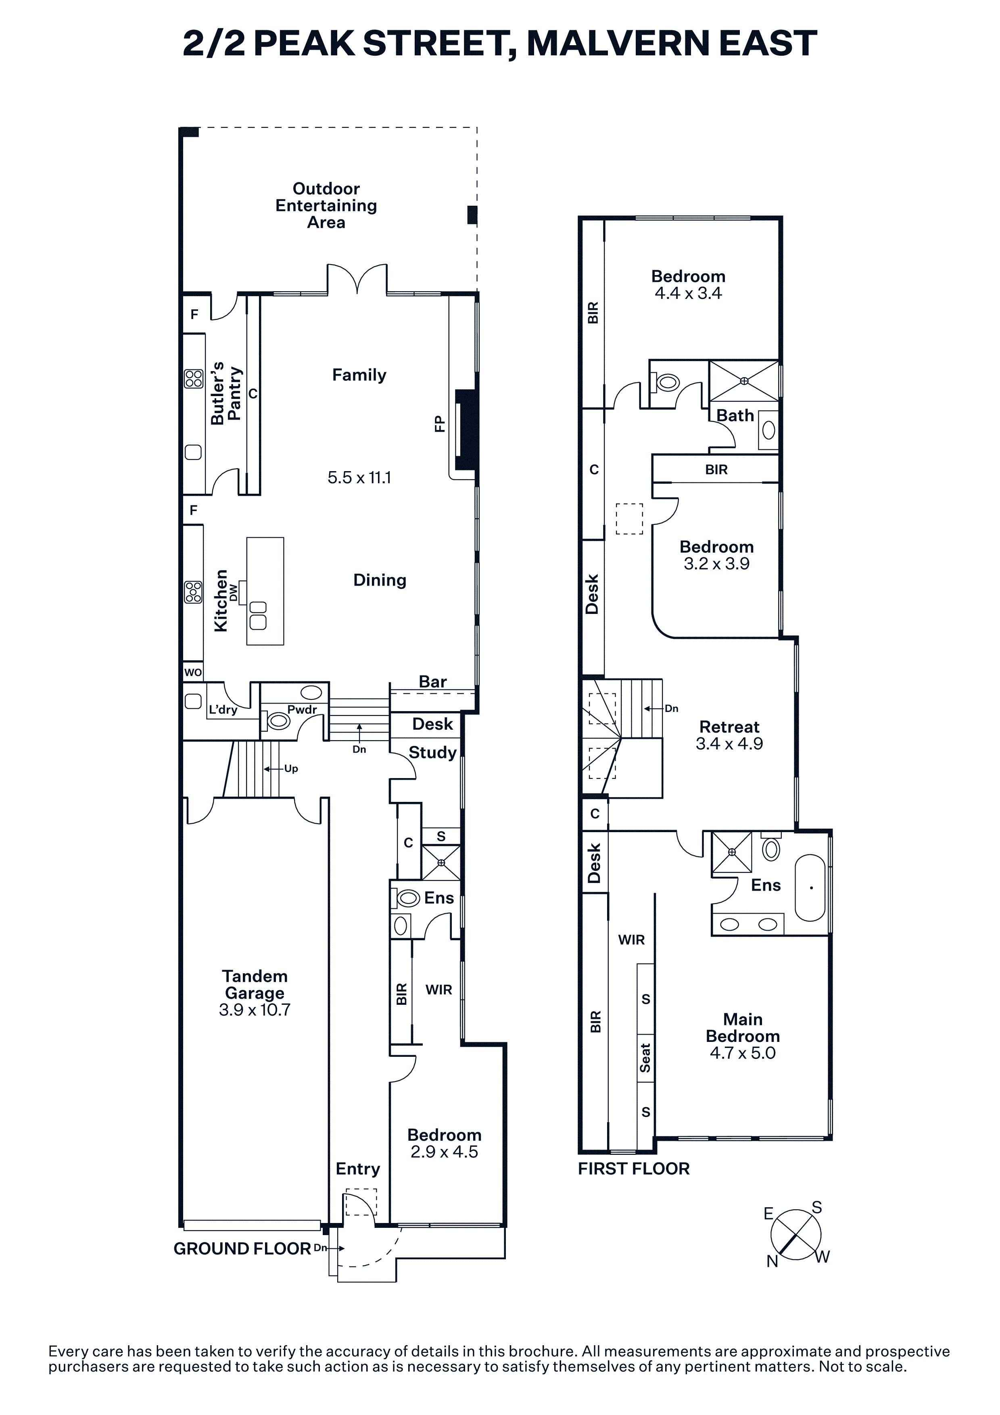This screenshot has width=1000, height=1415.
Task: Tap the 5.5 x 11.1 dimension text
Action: [359, 478]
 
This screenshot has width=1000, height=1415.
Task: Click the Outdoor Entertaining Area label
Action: [326, 206]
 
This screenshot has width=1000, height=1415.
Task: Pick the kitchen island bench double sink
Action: [257, 615]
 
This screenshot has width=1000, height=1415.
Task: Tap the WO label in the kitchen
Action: [193, 672]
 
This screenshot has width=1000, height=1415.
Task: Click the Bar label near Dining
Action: [432, 682]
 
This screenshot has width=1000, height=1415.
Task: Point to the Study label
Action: [432, 753]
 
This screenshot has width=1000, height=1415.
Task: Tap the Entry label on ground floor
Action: [357, 1169]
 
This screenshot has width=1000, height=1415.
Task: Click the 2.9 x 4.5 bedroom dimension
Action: [444, 1152]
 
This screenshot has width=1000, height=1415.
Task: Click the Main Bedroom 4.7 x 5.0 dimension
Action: [743, 1053]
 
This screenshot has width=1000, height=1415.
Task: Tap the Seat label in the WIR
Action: [645, 1058]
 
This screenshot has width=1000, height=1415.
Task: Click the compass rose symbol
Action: [796, 1234]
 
